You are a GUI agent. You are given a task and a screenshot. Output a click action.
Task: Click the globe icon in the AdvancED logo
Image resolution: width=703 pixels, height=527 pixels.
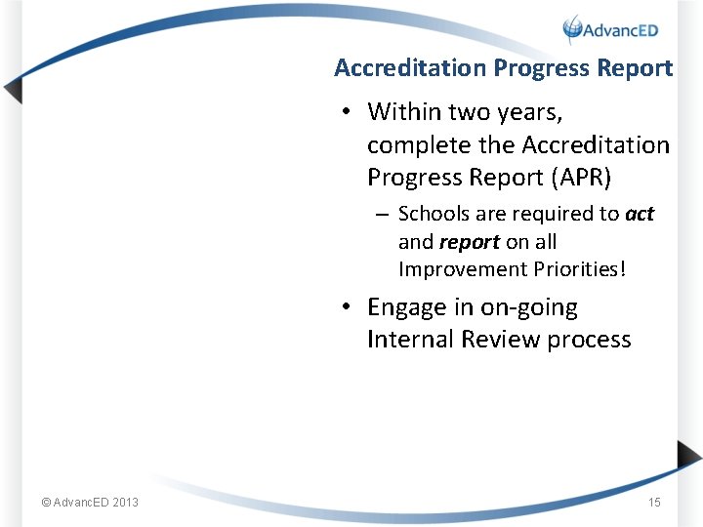pyautogui.click(x=573, y=29)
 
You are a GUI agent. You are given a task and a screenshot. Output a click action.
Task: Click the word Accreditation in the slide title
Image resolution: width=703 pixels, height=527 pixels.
pyautogui.click(x=410, y=68)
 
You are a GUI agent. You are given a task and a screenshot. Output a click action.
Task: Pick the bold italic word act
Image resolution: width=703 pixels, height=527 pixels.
pyautogui.click(x=640, y=214)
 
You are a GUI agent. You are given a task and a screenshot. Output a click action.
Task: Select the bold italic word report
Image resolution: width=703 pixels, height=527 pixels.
pyautogui.click(x=470, y=242)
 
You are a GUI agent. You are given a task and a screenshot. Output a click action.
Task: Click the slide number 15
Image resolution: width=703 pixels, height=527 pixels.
pyautogui.click(x=654, y=503)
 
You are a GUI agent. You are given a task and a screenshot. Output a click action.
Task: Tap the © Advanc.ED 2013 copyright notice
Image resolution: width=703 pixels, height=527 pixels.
pyautogui.click(x=90, y=503)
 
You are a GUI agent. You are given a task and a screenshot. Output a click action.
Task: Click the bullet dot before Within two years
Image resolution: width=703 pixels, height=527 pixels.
pyautogui.click(x=348, y=113)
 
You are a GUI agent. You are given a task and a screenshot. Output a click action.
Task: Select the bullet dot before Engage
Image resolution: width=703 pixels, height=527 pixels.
pyautogui.click(x=348, y=308)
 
